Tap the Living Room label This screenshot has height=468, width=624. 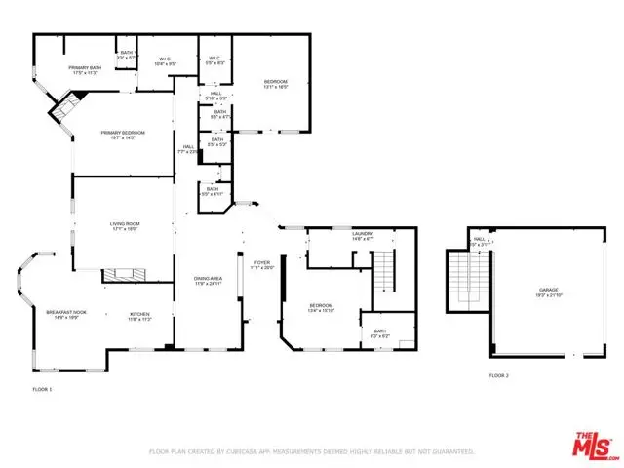click(x=124, y=226)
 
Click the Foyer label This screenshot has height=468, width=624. click(x=262, y=264)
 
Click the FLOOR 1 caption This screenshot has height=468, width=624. click(x=43, y=389)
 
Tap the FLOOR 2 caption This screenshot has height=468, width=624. click(x=498, y=374)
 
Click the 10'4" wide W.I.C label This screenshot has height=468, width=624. click(x=165, y=61)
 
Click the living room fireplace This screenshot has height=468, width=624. click(x=124, y=275)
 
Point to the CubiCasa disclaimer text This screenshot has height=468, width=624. click(x=311, y=452)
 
